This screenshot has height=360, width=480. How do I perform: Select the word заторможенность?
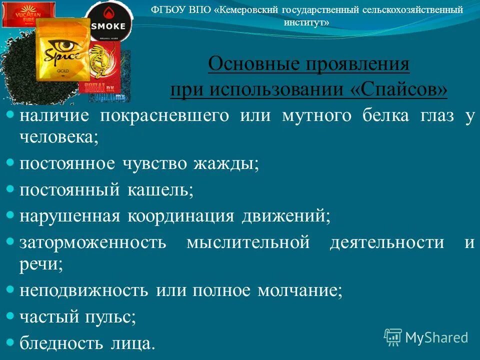point(93,242)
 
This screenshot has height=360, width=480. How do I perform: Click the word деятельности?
point(387,242)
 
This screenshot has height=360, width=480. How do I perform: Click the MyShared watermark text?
point(436,337)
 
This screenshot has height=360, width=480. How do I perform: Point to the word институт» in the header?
point(306,22)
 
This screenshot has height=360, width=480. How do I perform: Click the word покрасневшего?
point(164,116)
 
